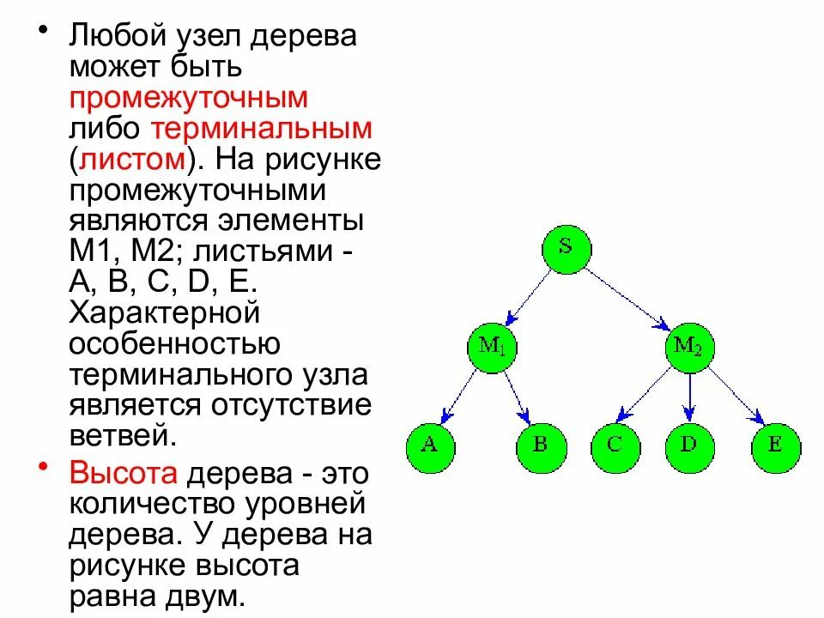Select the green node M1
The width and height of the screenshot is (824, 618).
click(x=494, y=347)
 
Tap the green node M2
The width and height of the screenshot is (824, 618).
click(x=688, y=347)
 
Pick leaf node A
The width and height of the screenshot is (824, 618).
click(x=430, y=445)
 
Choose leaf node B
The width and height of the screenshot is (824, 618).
click(x=540, y=445)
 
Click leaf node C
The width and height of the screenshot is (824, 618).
click(x=615, y=445)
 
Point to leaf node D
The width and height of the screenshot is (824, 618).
click(x=689, y=445)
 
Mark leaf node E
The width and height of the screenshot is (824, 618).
click(x=775, y=445)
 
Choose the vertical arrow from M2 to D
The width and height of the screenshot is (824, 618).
click(x=689, y=396)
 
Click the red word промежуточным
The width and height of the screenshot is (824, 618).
click(x=188, y=98)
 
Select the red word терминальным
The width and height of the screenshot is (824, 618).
click(x=261, y=130)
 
